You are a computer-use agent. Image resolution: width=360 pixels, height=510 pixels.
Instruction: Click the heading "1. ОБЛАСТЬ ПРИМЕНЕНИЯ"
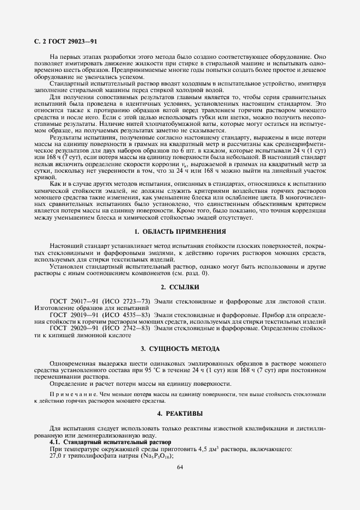pos(180,232)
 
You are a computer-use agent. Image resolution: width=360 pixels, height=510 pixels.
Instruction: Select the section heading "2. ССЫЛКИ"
pos(180,287)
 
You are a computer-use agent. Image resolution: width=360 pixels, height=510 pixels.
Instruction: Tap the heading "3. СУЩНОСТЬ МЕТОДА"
pos(180,348)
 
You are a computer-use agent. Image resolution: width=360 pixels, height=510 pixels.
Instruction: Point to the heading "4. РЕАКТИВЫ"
pos(180,414)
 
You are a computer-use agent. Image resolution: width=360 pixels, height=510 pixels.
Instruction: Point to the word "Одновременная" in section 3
pos(71,363)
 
